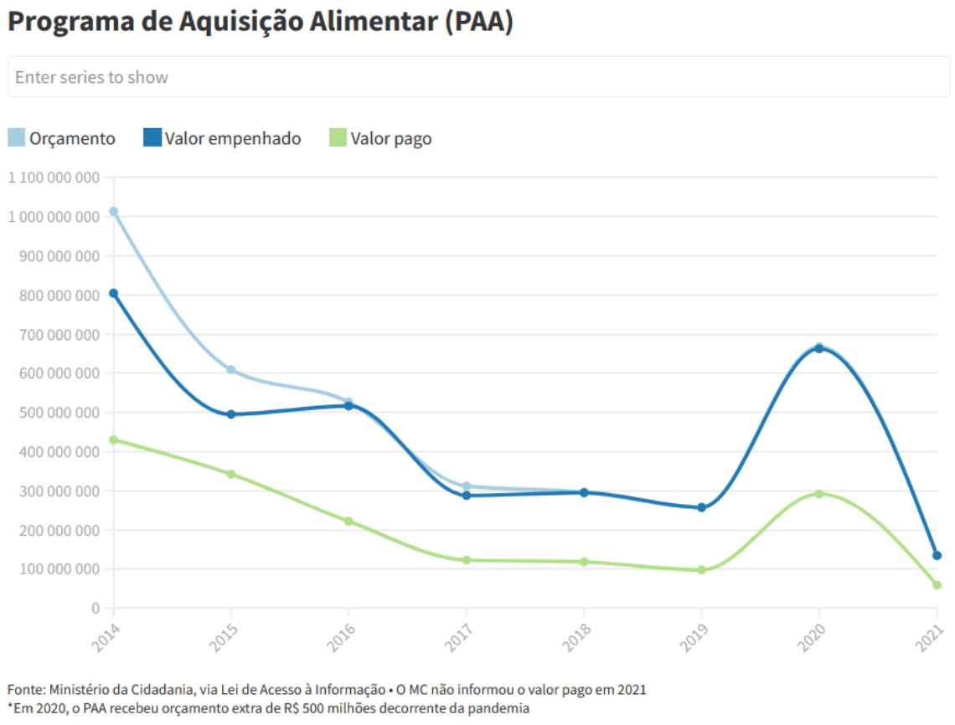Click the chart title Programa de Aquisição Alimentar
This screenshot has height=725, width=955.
[260, 23]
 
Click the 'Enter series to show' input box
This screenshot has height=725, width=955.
[478, 77]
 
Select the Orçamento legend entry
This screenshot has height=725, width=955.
[62, 138]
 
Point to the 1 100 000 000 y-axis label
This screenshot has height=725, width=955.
[54, 177]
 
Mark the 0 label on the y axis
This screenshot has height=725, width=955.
[96, 608]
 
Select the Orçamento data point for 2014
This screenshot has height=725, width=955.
[113, 211]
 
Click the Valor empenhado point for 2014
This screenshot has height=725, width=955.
[113, 293]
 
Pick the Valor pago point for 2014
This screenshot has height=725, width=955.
[113, 440]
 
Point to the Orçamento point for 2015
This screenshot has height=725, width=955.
[231, 369]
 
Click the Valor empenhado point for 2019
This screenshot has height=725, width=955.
[702, 507]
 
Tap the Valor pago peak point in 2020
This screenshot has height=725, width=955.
[819, 494]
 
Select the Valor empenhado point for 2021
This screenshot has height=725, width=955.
[937, 555]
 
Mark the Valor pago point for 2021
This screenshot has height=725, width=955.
[937, 585]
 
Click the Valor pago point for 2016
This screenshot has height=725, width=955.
[348, 521]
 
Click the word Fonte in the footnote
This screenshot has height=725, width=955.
[24, 689]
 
